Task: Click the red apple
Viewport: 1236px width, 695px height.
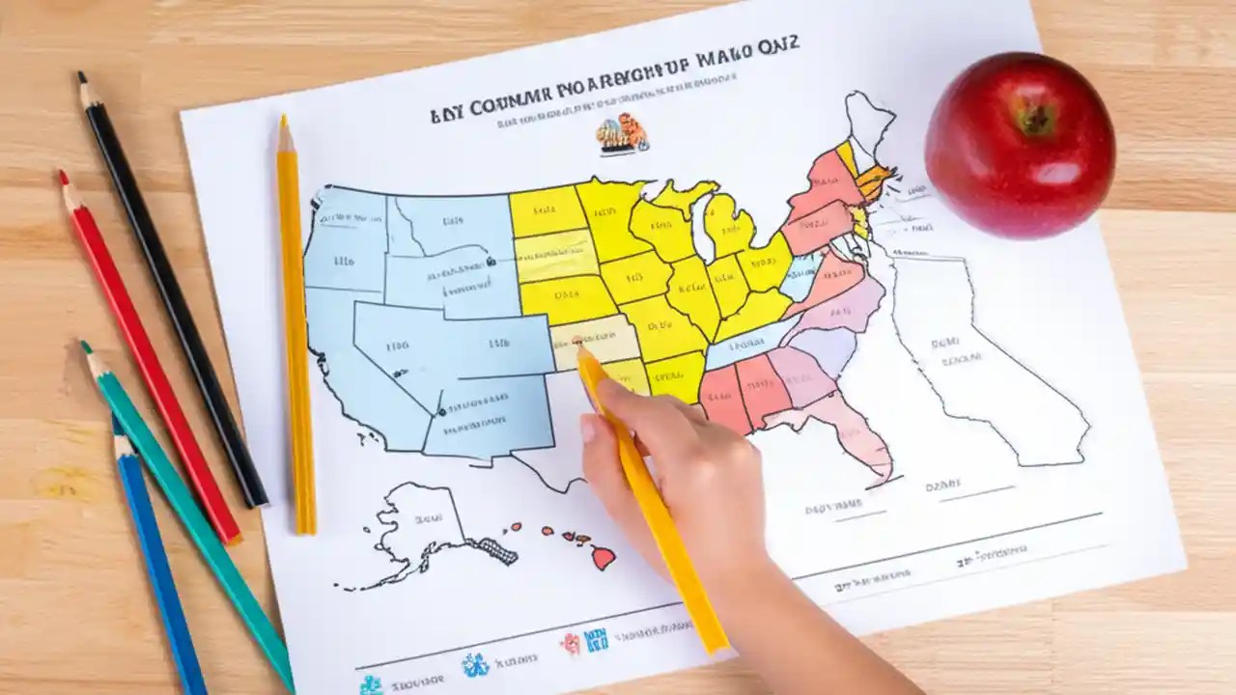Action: [1020, 145]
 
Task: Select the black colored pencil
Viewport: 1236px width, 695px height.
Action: [174, 290]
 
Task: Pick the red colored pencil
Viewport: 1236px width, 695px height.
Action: [150, 357]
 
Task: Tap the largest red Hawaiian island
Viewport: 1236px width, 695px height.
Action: [603, 557]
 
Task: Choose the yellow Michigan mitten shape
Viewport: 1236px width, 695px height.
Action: [729, 227]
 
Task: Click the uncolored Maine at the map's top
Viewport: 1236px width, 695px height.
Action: [868, 121]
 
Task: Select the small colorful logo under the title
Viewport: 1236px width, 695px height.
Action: [621, 133]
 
